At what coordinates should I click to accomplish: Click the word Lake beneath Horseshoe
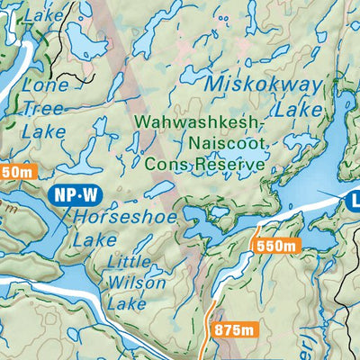point(94,239)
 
